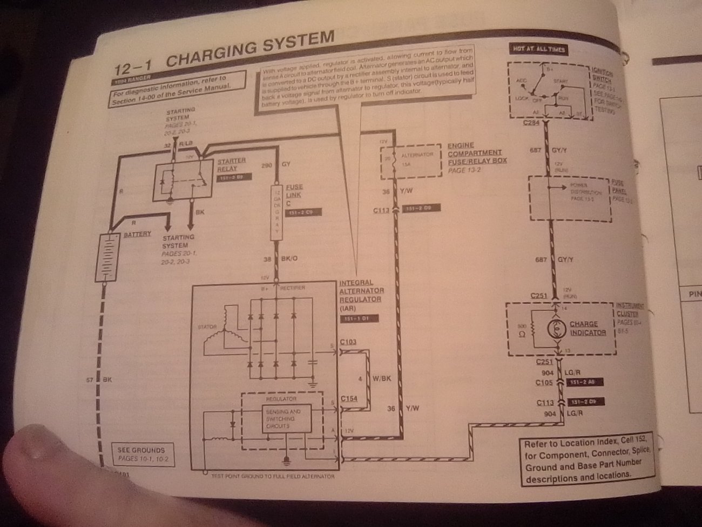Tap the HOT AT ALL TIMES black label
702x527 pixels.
click(538, 50)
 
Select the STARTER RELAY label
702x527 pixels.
click(232, 164)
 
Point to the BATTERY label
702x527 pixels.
click(137, 235)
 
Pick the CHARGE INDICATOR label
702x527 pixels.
click(588, 328)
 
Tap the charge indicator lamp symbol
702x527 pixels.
click(555, 329)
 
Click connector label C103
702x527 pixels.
click(348, 342)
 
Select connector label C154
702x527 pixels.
click(349, 399)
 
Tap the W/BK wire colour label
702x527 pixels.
click(382, 378)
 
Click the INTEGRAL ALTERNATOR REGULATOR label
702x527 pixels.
click(360, 295)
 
